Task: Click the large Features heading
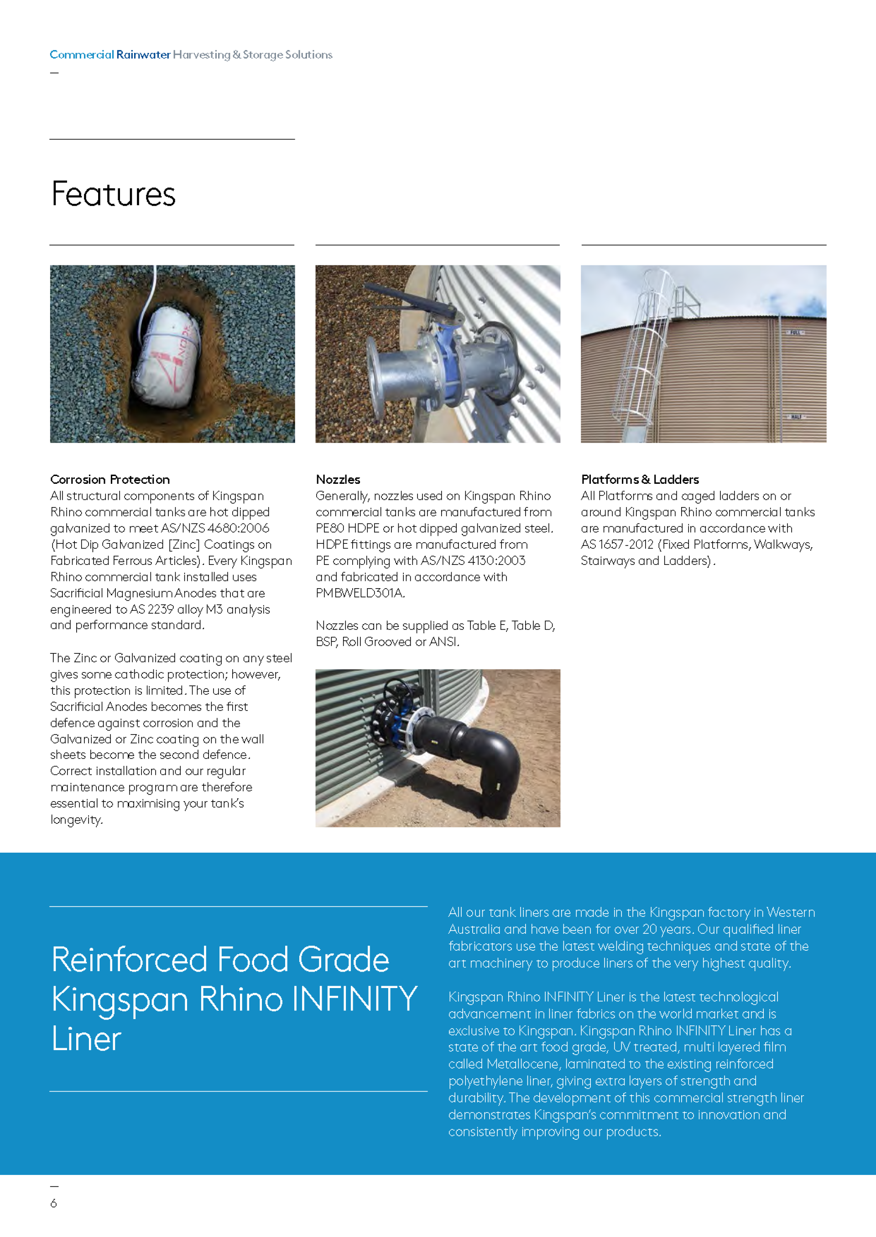click(x=113, y=194)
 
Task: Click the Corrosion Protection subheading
click(x=110, y=479)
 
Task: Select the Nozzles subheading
click(x=338, y=479)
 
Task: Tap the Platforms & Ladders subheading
click(x=640, y=479)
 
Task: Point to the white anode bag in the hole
click(x=167, y=350)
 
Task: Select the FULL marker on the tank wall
click(x=795, y=332)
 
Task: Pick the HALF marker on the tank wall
click(x=796, y=417)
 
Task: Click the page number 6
click(x=53, y=1203)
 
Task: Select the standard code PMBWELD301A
click(x=360, y=593)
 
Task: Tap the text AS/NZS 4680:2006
click(x=215, y=528)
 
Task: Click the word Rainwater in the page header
click(x=143, y=54)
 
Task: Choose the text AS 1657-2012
click(x=617, y=544)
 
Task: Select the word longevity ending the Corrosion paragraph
click(x=76, y=820)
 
